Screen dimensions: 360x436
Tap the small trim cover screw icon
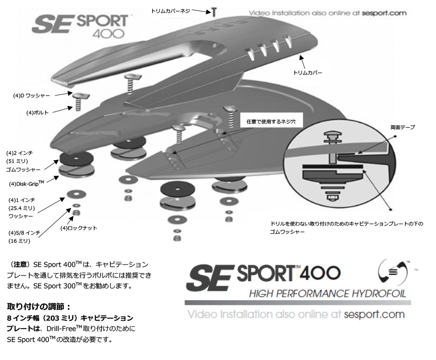pyautogui.click(x=214, y=11)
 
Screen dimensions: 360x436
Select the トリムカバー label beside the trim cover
pyautogui.click(x=309, y=73)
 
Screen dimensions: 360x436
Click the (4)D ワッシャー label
pyautogui.click(x=31, y=95)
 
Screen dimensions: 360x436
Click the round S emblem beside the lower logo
pyautogui.click(x=394, y=272)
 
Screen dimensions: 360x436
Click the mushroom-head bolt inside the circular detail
pyautogui.click(x=332, y=138)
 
